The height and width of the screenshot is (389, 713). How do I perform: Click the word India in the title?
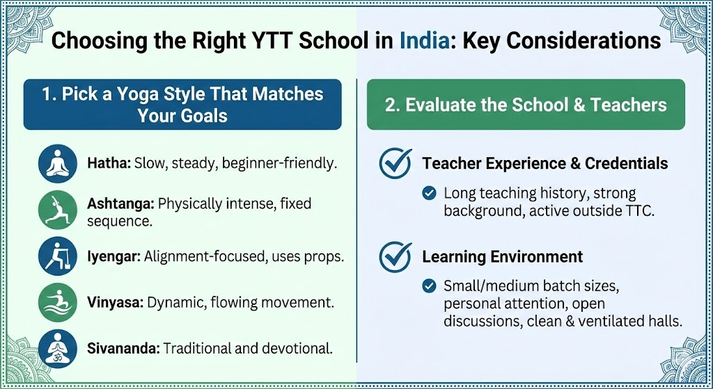coord(424,40)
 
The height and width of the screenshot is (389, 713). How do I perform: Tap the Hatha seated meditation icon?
coord(58,164)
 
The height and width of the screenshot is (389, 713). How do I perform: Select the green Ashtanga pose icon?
coord(58,210)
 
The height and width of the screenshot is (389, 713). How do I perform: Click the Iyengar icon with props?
coord(58,256)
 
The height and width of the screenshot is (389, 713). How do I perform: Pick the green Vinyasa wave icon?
coord(58,303)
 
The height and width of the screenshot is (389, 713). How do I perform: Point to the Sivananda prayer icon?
coord(58,349)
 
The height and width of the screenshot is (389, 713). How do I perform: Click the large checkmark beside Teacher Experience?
coord(395,163)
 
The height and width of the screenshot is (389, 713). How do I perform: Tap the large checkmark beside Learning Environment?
coord(395,256)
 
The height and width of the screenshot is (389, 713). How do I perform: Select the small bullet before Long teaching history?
coord(429,193)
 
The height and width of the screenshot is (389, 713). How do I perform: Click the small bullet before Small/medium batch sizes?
coord(429,286)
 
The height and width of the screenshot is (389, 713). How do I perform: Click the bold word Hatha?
coord(109,163)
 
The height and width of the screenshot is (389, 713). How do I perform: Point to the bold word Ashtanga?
coord(120,204)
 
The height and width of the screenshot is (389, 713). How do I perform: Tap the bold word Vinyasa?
coord(115,303)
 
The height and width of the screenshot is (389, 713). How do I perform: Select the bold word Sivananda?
coord(123,349)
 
